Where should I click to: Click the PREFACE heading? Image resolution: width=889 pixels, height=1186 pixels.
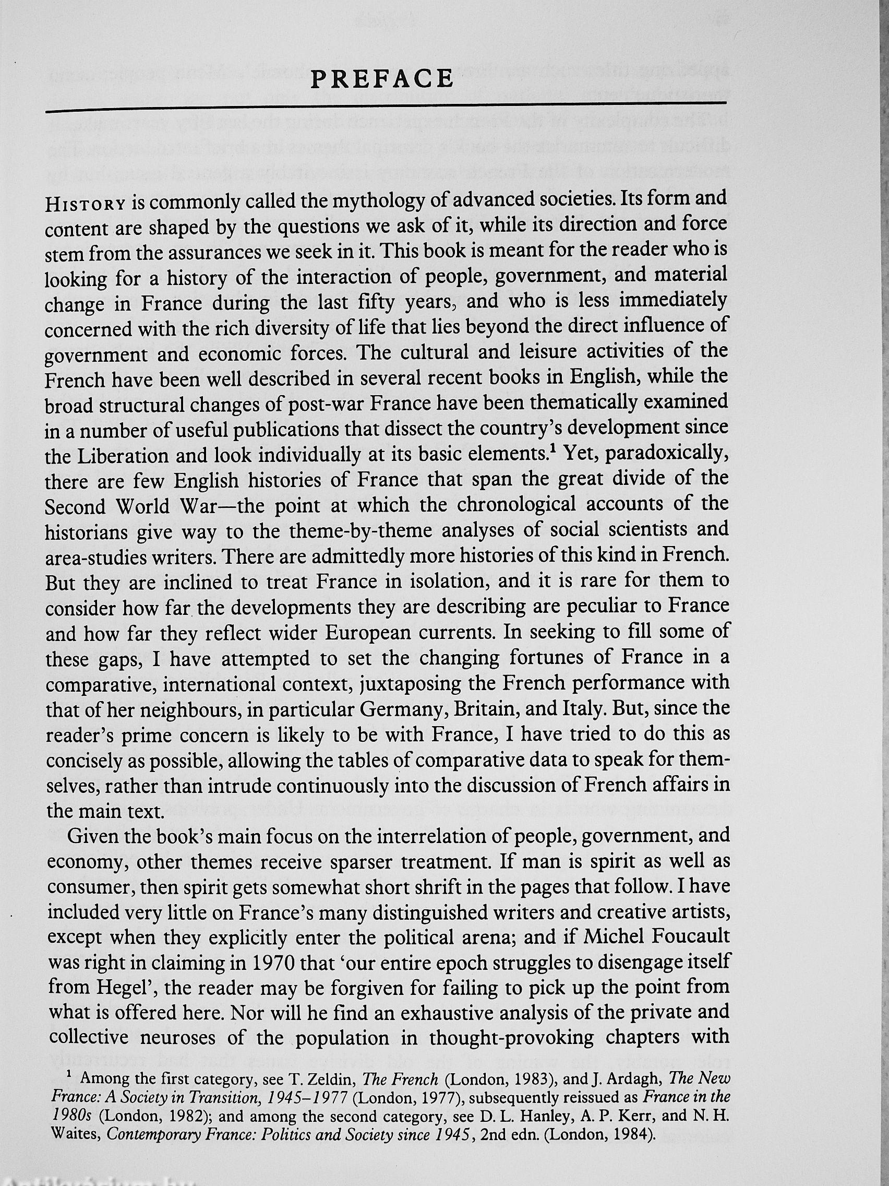point(382,79)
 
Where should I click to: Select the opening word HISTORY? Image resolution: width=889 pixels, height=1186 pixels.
point(86,205)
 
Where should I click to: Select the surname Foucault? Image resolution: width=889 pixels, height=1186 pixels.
point(683,937)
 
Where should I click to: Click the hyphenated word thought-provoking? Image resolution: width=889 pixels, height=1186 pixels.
point(511,1037)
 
